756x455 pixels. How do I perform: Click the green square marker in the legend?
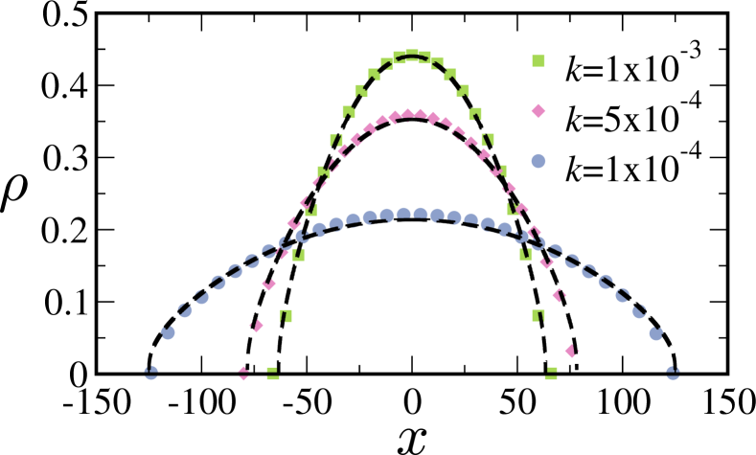538,61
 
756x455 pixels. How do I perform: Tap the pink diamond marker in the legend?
538,111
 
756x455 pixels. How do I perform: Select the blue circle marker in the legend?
538,161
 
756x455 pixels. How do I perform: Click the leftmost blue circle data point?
150,373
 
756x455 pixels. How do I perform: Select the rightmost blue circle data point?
673,373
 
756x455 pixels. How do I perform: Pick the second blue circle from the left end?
168,332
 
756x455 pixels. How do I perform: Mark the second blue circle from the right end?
656,333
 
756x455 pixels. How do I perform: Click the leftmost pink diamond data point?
244,373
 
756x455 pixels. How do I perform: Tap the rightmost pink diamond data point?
572,351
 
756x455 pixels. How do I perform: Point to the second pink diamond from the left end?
256,326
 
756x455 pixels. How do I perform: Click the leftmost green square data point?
273,374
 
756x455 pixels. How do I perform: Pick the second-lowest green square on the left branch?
286,314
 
